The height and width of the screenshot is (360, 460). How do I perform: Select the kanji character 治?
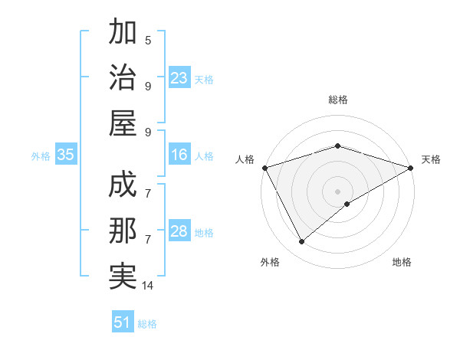[123, 77]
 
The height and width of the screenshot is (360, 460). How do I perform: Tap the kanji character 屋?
[123, 123]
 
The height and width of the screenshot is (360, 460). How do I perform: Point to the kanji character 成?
[123, 186]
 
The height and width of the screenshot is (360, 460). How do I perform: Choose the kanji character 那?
[123, 231]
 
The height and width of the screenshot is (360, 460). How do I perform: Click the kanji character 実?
[123, 277]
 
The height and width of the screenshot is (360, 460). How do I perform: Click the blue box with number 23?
[179, 78]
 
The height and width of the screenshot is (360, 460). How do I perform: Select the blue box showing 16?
[179, 155]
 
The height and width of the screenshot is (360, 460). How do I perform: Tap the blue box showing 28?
[179, 231]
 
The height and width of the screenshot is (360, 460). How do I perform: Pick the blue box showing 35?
[66, 155]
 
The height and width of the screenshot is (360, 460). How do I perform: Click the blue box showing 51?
[123, 322]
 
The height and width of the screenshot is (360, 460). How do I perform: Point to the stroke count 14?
[148, 286]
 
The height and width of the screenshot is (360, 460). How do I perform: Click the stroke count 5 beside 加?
[148, 40]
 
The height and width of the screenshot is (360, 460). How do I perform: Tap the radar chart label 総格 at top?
[337, 100]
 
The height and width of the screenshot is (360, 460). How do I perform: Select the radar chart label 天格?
[432, 159]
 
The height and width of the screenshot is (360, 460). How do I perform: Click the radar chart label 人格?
[245, 159]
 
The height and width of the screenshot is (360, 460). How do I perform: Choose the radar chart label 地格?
[402, 262]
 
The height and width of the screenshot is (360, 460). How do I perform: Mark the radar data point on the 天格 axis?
[412, 167]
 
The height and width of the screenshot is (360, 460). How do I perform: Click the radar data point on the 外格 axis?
[301, 242]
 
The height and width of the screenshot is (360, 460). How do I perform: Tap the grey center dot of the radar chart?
[337, 191]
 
